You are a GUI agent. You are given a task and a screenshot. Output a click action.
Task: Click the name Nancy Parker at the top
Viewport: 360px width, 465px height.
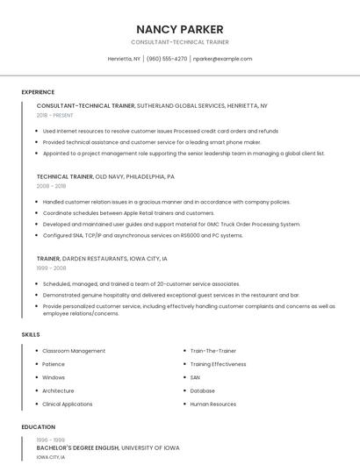pyautogui.click(x=180, y=29)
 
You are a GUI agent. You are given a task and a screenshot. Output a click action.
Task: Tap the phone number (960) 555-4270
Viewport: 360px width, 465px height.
pyautogui.click(x=167, y=59)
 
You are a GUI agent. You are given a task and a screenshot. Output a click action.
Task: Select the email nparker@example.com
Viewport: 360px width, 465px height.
pyautogui.click(x=222, y=59)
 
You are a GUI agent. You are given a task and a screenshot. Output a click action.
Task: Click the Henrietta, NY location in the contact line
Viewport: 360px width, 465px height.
pyautogui.click(x=124, y=59)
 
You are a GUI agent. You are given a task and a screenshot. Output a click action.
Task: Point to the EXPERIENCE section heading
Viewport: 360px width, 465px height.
pyautogui.click(x=38, y=92)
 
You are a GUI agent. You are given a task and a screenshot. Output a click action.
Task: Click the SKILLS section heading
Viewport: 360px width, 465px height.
pyautogui.click(x=31, y=334)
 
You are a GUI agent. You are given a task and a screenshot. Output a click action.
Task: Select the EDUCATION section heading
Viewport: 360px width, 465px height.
pyautogui.click(x=38, y=427)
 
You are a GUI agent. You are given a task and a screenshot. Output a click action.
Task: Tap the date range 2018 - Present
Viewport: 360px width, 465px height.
pyautogui.click(x=56, y=115)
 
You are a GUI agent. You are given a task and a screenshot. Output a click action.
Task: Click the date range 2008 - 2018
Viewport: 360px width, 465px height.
pyautogui.click(x=51, y=186)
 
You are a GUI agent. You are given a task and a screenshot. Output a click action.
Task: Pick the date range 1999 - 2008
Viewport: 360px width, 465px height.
pyautogui.click(x=51, y=268)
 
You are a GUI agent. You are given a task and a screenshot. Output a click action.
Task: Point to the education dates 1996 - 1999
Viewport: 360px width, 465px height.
pyautogui.click(x=51, y=440)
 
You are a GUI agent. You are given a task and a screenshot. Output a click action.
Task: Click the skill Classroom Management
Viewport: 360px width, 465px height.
pyautogui.click(x=74, y=351)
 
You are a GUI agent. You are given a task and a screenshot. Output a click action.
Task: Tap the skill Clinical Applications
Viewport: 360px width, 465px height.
pyautogui.click(x=68, y=404)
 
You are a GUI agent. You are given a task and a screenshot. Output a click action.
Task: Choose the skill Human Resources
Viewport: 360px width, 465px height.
pyautogui.click(x=213, y=404)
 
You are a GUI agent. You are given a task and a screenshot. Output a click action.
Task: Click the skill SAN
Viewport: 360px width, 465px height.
pyautogui.click(x=195, y=377)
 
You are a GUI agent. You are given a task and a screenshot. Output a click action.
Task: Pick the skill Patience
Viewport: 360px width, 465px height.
pyautogui.click(x=54, y=364)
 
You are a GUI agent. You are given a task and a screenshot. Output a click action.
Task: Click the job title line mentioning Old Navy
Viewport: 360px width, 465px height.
pyautogui.click(x=105, y=176)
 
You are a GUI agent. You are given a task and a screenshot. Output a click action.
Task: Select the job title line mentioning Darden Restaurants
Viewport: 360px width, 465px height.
pyautogui.click(x=102, y=259)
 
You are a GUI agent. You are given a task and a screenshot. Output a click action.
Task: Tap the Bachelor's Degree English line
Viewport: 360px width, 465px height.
pyautogui.click(x=108, y=448)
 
